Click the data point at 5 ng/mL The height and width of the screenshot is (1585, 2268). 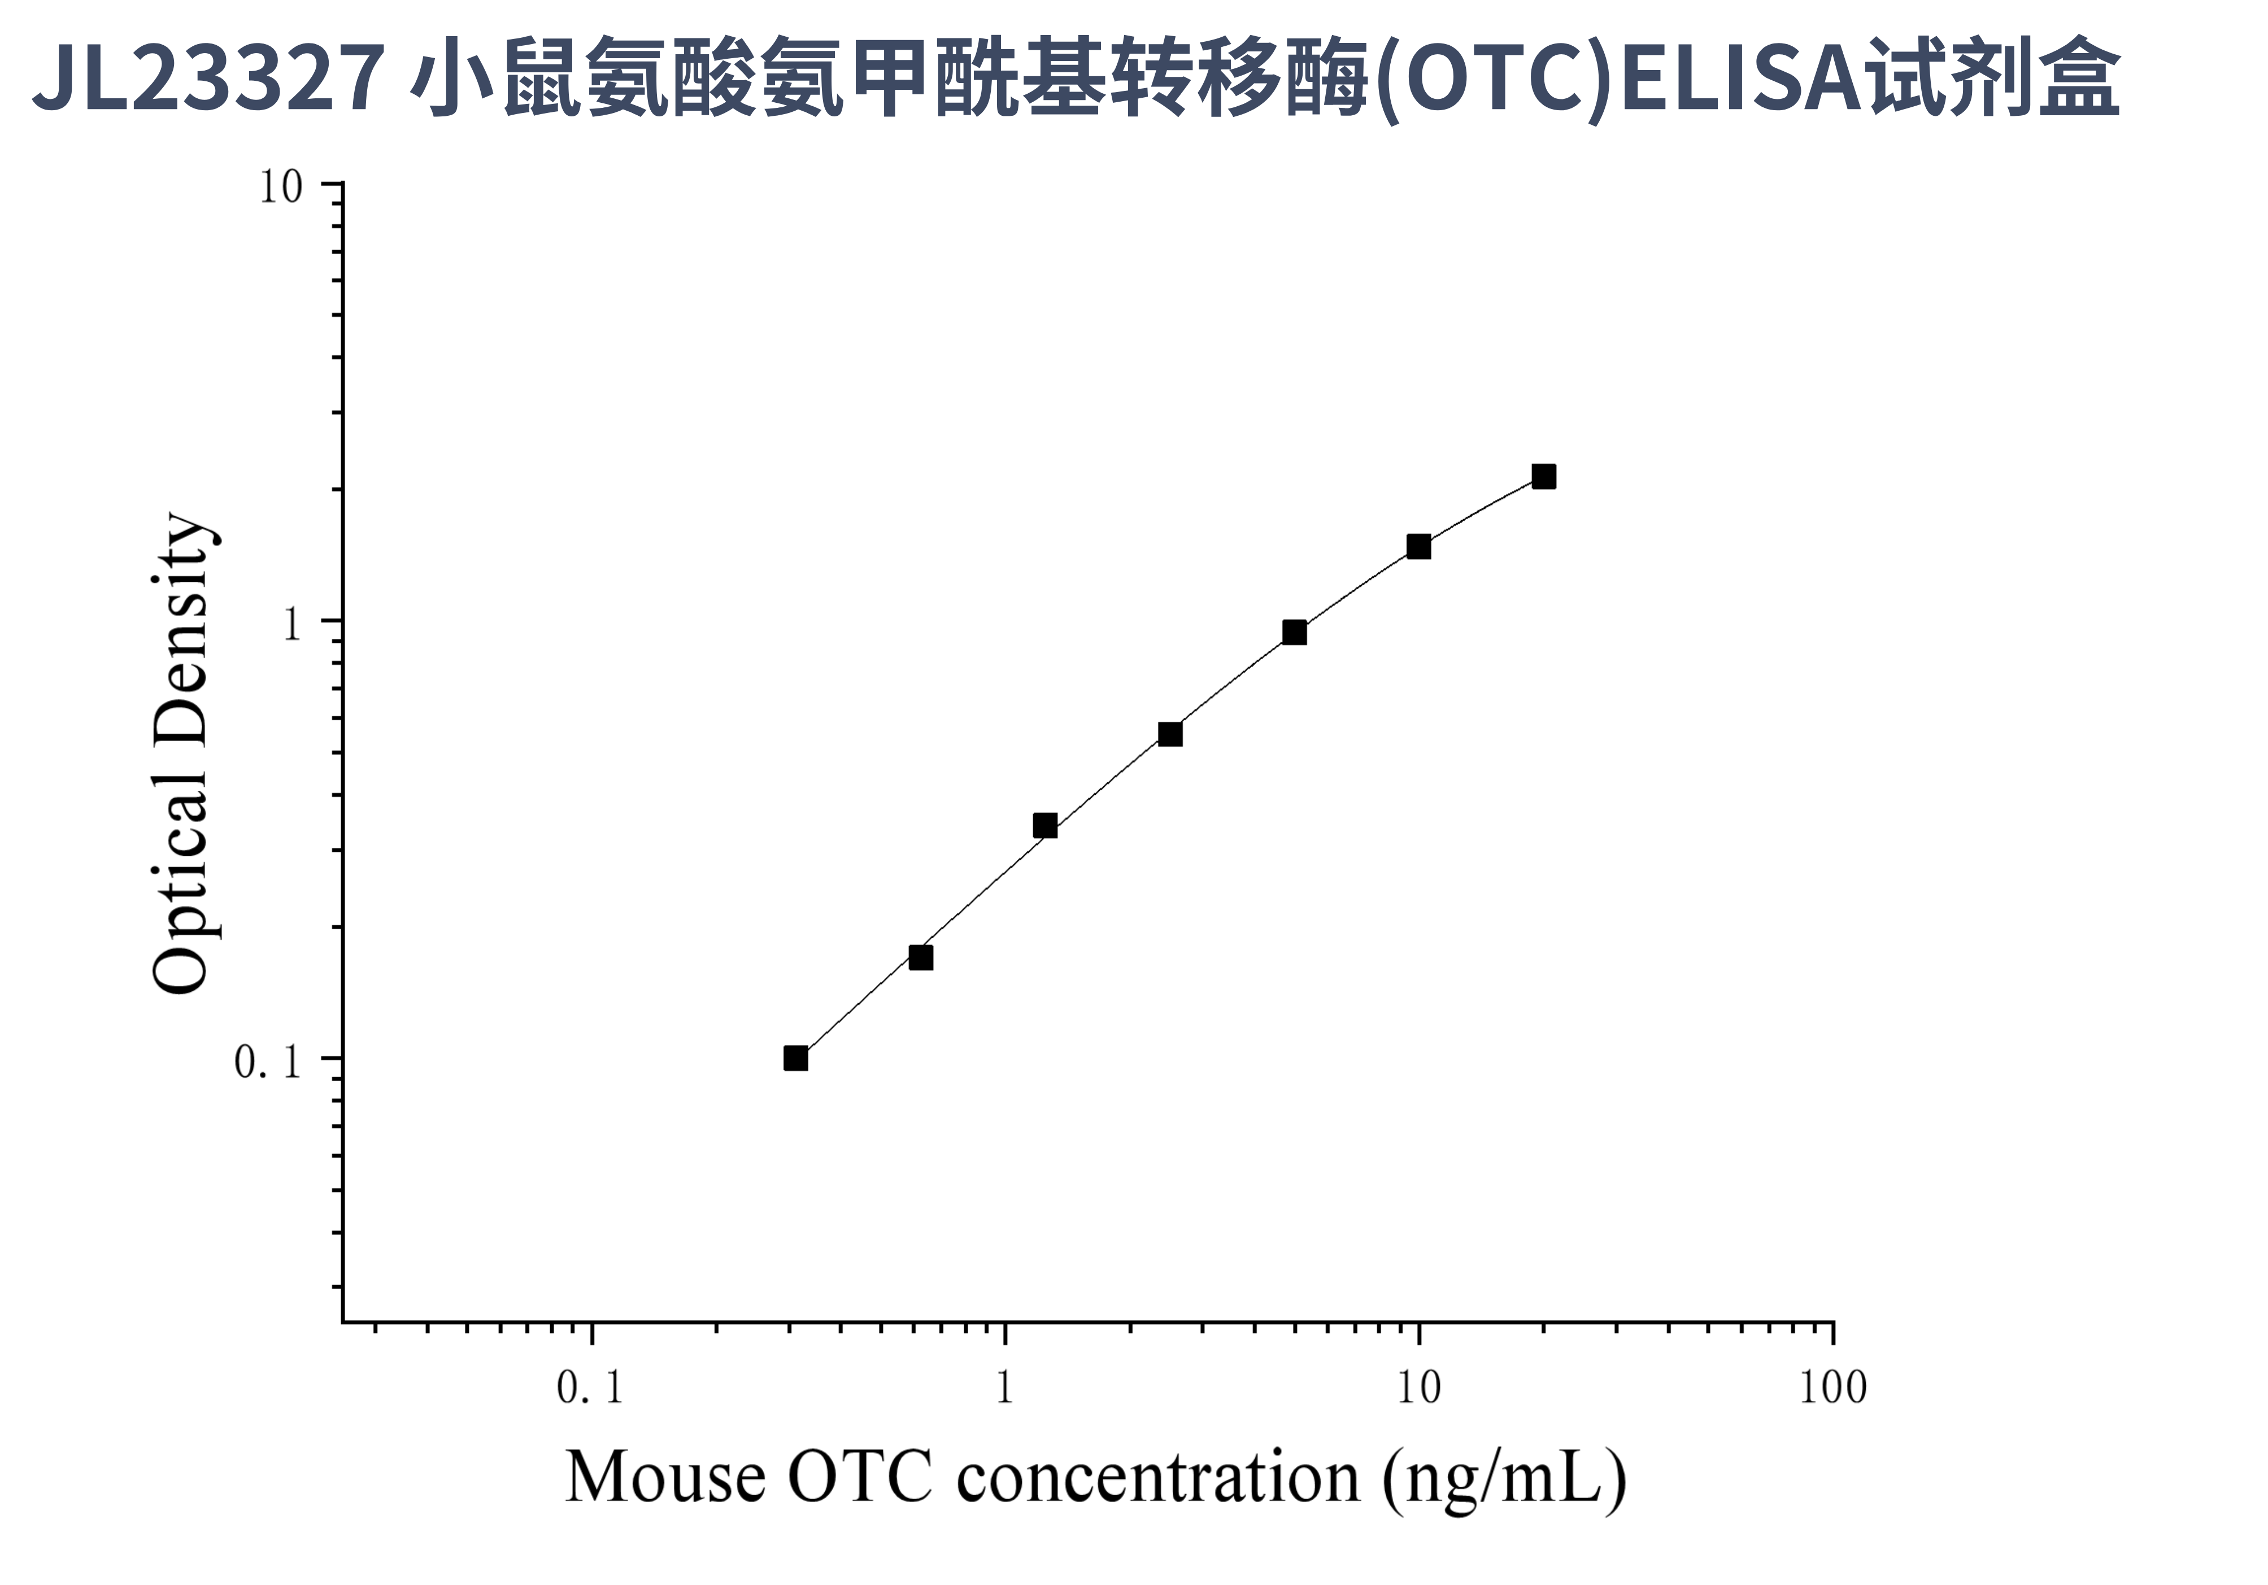1294,632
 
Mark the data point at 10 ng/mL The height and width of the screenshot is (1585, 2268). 1418,546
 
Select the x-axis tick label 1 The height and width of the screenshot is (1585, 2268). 1004,1387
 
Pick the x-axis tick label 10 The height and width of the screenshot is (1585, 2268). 1418,1387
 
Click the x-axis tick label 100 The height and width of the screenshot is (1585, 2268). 1832,1387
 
